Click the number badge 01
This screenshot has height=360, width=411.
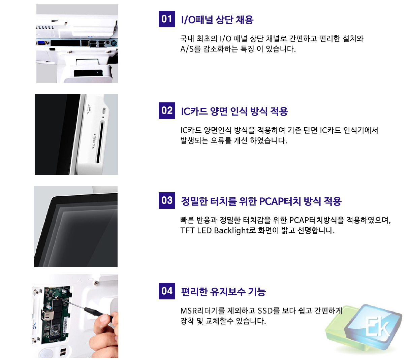(x=166, y=19)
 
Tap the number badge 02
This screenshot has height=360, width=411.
(x=166, y=110)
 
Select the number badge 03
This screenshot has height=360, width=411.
(x=166, y=200)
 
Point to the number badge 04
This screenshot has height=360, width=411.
(x=166, y=291)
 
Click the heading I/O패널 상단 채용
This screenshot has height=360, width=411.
(x=217, y=20)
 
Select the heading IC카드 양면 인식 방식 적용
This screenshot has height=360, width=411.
(x=234, y=111)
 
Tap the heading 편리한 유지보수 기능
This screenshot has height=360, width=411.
(x=223, y=292)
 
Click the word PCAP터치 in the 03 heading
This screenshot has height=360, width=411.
(x=280, y=201)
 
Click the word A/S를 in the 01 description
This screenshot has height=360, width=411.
(x=190, y=49)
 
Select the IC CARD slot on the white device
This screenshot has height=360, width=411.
(x=100, y=142)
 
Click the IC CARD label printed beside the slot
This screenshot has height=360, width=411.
(x=94, y=141)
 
